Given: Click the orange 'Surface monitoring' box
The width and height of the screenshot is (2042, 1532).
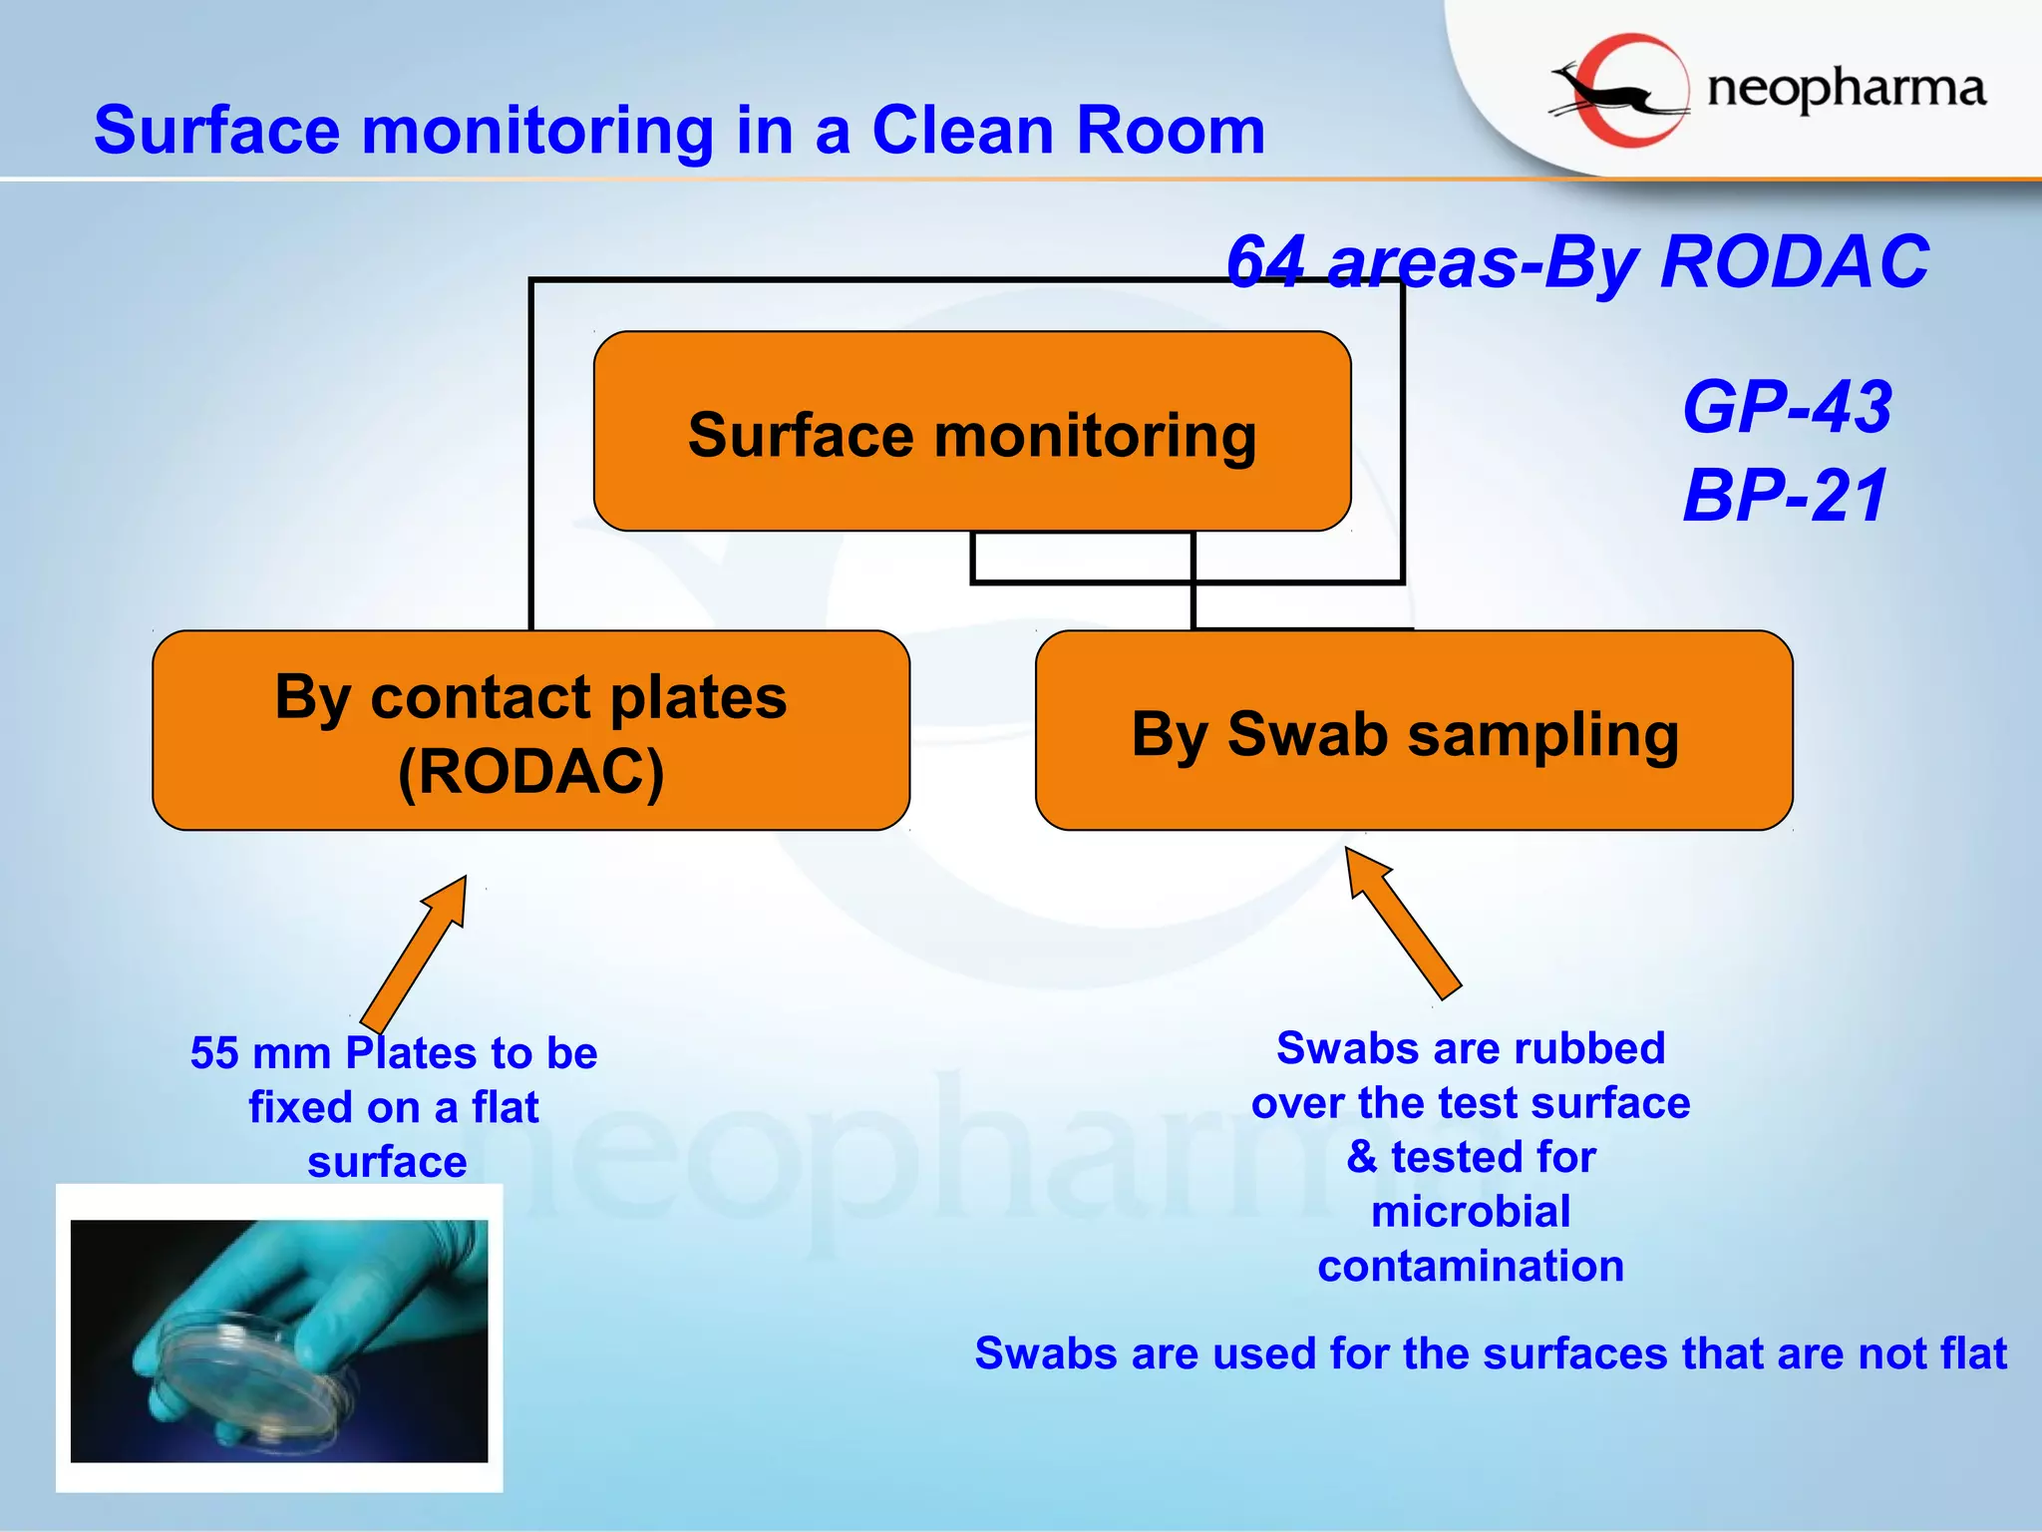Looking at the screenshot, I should pos(972,431).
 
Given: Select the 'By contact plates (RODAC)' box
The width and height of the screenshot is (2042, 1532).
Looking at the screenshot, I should pos(530,730).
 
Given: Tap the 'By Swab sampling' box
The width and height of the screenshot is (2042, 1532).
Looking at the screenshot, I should pos(1414,730).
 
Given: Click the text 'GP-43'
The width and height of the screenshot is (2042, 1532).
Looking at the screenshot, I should pos(1787,407).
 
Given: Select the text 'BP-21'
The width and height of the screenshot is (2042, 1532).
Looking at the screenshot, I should pos(1785,495).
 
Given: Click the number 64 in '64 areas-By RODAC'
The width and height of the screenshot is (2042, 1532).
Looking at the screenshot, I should pos(1266,261).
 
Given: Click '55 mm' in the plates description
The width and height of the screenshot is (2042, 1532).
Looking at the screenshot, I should pos(260,1053).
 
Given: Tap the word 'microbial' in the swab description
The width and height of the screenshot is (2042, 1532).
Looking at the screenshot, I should pos(1471,1212).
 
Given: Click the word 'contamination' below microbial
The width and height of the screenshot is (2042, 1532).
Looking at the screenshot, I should pos(1471,1267).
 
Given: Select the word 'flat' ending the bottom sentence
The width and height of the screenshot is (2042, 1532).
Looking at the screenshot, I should pos(1972,1353).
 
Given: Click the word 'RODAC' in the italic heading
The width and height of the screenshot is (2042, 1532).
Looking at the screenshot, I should pos(1795,261).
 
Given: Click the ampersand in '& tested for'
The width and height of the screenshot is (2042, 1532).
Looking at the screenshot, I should pos(1361,1157).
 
